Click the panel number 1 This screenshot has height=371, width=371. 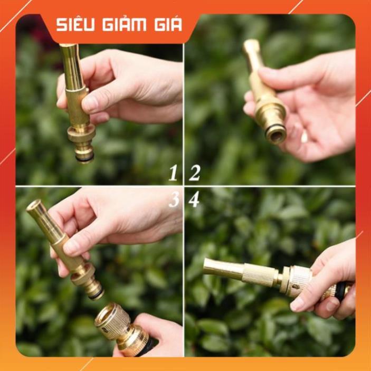(x=173, y=173)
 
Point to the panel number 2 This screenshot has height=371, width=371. (x=195, y=173)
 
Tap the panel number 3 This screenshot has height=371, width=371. (x=174, y=199)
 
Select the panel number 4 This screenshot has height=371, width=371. (x=194, y=199)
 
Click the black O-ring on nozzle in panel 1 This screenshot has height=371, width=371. (x=85, y=158)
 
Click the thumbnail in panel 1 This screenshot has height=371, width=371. (x=90, y=103)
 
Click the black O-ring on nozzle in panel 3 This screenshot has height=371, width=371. (x=97, y=294)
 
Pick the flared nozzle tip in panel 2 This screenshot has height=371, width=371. (x=251, y=53)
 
